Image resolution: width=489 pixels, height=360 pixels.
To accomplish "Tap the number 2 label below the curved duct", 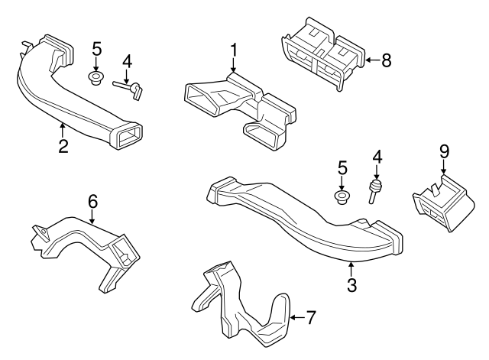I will [x=63, y=145].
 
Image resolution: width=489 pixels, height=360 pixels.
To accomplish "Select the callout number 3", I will [x=351, y=285].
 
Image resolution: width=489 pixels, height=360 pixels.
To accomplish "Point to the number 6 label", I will [x=92, y=201].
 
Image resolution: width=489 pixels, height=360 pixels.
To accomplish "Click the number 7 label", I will [x=310, y=315].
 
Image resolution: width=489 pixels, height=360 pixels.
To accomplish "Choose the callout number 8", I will [x=386, y=60].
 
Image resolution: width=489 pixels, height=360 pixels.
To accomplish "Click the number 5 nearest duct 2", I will [x=96, y=49].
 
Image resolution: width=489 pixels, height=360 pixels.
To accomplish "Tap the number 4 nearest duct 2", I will [x=127, y=60].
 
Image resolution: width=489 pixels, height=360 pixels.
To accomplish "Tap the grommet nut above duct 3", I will [x=342, y=198].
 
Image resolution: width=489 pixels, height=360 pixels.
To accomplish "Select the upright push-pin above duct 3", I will [x=375, y=191].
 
